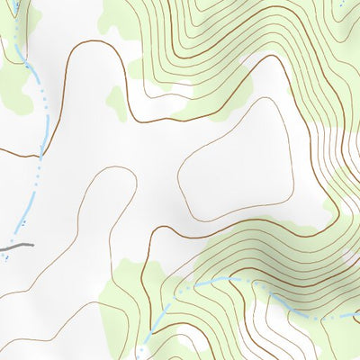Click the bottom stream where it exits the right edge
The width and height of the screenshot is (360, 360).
357,315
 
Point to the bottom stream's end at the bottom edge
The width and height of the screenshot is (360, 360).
142,356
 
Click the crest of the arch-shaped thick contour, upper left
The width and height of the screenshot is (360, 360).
90,41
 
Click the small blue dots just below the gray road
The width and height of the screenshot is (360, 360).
7,256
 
